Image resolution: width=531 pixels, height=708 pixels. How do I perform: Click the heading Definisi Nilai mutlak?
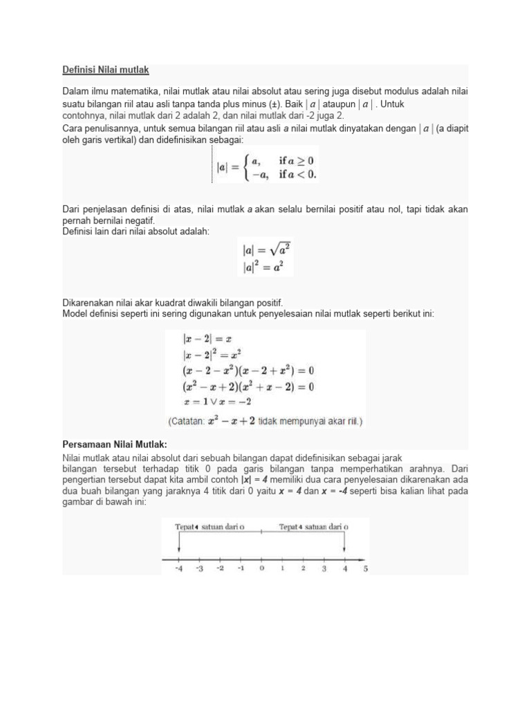coord(106,71)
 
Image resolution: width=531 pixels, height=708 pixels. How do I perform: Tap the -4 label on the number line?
coord(178,568)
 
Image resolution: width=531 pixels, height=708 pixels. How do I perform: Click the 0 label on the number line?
coord(261,568)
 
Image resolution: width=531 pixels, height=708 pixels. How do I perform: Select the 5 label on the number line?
coord(365,568)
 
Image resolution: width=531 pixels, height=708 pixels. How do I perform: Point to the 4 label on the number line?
coord(344,568)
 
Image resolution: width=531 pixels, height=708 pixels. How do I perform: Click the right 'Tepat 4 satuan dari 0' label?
coord(313,526)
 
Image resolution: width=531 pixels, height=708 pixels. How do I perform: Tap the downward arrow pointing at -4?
coord(178,546)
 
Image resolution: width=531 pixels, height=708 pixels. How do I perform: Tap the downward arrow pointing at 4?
coord(344,546)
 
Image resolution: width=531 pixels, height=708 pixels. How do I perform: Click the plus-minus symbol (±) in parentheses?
coord(275,104)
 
